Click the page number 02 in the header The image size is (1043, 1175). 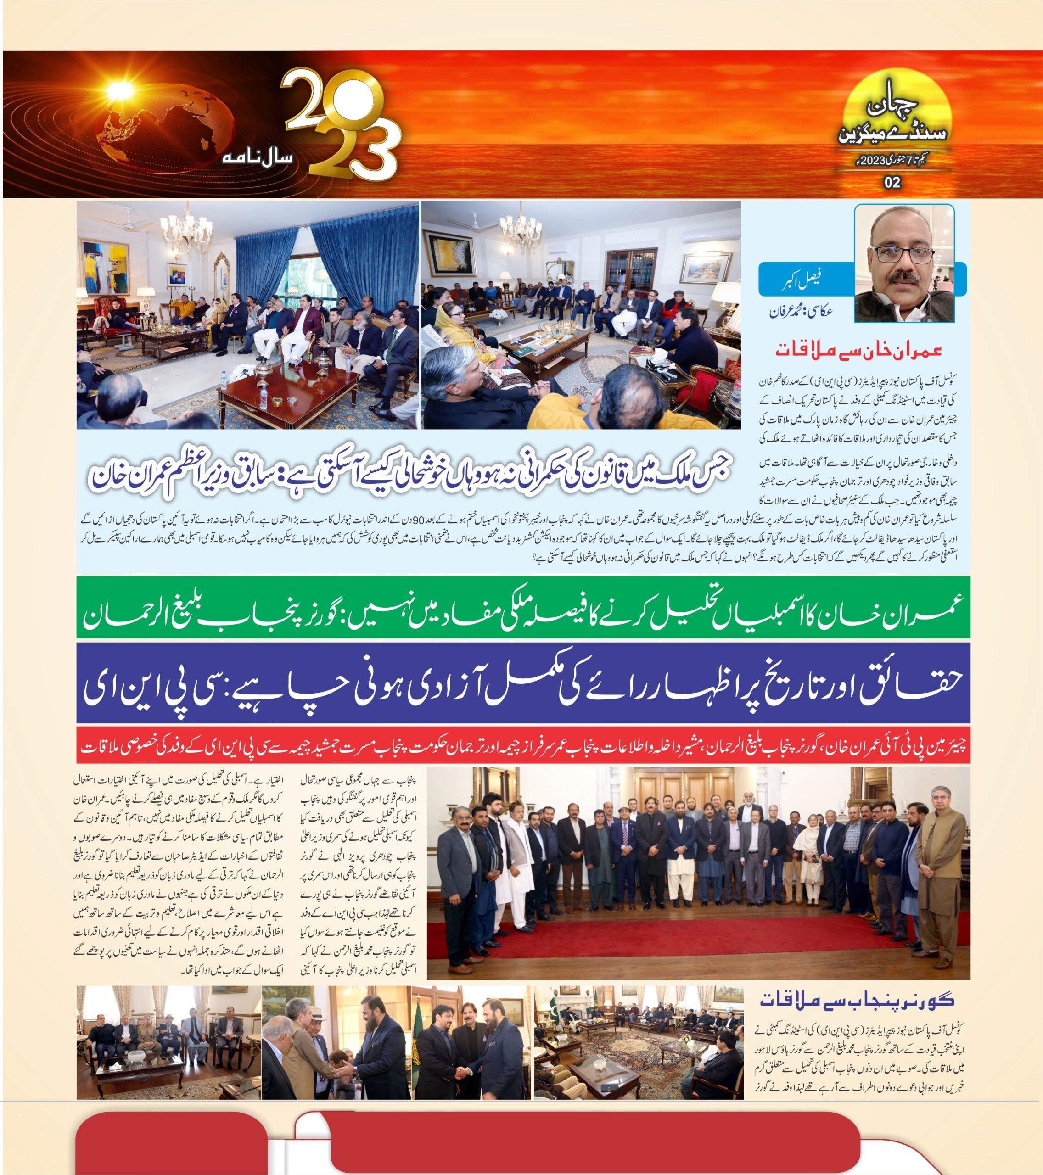tap(892, 183)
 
